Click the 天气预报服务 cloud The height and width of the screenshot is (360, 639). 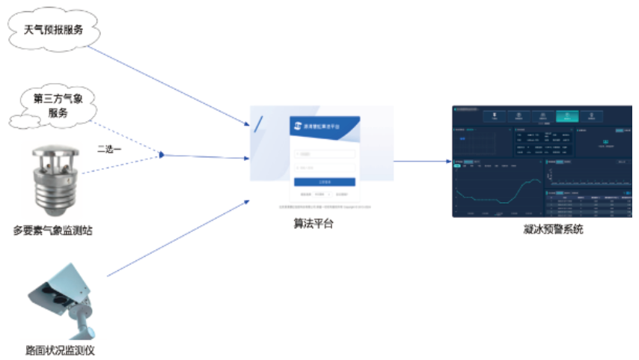pyautogui.click(x=53, y=31)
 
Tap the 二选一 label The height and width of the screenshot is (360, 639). pyautogui.click(x=111, y=149)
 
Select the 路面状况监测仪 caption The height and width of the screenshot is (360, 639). pyautogui.click(x=60, y=350)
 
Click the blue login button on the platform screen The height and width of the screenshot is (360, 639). pyautogui.click(x=324, y=181)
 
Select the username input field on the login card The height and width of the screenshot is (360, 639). pyautogui.click(x=324, y=154)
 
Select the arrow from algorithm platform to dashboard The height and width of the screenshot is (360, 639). pyautogui.click(x=422, y=160)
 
